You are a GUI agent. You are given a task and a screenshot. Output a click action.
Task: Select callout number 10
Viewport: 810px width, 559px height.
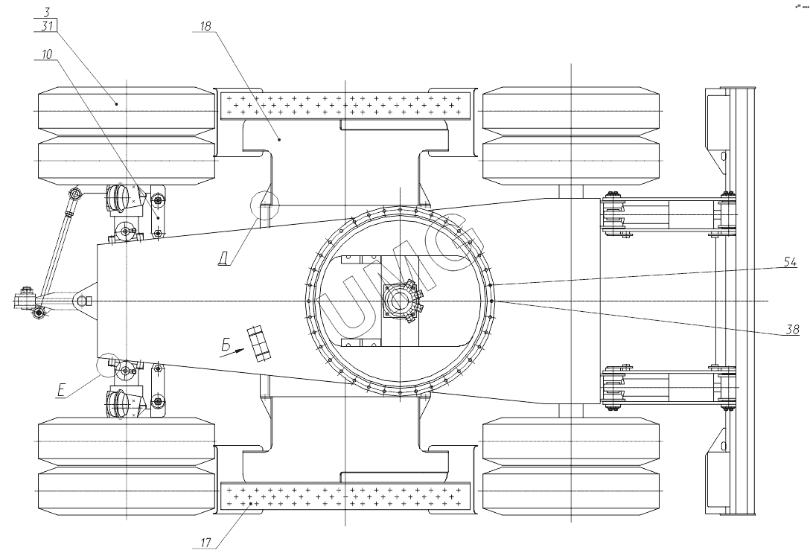48,54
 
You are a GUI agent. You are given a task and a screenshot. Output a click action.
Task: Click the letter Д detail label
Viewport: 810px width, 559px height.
223,260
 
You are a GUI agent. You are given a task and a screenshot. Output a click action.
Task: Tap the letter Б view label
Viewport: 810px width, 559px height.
224,343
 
